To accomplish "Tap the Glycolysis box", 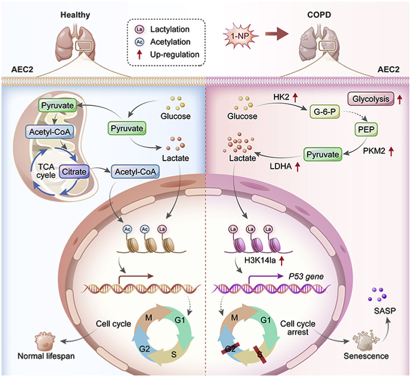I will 370,99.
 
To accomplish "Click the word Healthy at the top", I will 75,15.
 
